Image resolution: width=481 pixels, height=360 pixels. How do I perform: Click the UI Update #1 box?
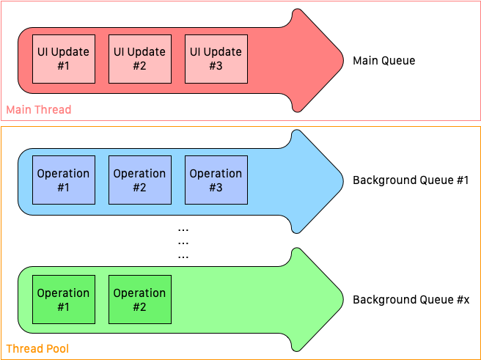pos(63,59)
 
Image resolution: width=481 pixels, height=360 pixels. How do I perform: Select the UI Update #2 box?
pos(139,59)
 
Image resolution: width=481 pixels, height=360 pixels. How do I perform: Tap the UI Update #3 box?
pos(216,59)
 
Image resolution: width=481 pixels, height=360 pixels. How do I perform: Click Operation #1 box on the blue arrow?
pos(63,180)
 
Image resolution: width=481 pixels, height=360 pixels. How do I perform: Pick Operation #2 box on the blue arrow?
pos(139,180)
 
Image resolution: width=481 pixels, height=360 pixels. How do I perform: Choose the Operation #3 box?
pos(216,180)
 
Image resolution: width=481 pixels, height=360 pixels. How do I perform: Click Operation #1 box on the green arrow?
pos(63,299)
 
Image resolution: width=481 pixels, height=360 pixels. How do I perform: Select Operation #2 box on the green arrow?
pos(139,299)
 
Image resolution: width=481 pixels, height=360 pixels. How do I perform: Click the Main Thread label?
pos(39,110)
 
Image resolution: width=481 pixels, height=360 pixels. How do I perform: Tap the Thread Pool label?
pos(37,349)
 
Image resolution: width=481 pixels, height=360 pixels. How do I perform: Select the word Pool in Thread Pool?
pos(57,349)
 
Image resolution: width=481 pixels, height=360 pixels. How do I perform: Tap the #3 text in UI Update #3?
pos(216,65)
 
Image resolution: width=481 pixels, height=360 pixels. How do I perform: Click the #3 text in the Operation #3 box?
pos(216,187)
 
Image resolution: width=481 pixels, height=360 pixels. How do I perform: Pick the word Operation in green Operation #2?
pos(139,293)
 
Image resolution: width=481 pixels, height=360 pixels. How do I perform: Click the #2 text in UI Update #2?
pos(139,65)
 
